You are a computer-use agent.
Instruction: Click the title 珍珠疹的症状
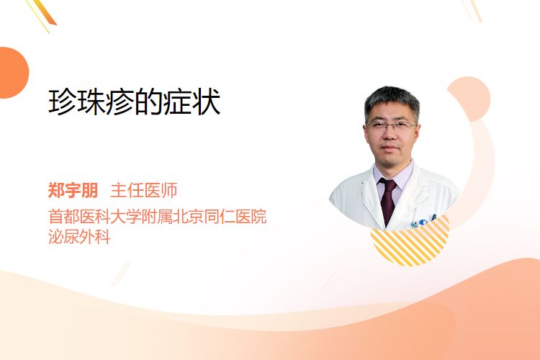(135, 102)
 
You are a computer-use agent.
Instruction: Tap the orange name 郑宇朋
(73, 190)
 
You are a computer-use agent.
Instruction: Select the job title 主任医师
(144, 190)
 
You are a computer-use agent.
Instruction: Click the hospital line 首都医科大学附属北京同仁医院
(158, 216)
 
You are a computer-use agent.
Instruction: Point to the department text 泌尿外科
(79, 237)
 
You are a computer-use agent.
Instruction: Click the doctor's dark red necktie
(388, 200)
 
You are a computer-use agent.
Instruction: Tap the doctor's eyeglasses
(391, 125)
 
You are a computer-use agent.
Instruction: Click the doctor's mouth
(390, 148)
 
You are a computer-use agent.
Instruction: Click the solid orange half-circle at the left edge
(13, 73)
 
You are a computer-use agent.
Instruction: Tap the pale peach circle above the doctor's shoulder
(469, 99)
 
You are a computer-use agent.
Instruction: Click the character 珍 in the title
(62, 102)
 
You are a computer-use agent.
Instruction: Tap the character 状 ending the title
(207, 102)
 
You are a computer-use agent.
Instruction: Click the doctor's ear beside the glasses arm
(418, 132)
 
